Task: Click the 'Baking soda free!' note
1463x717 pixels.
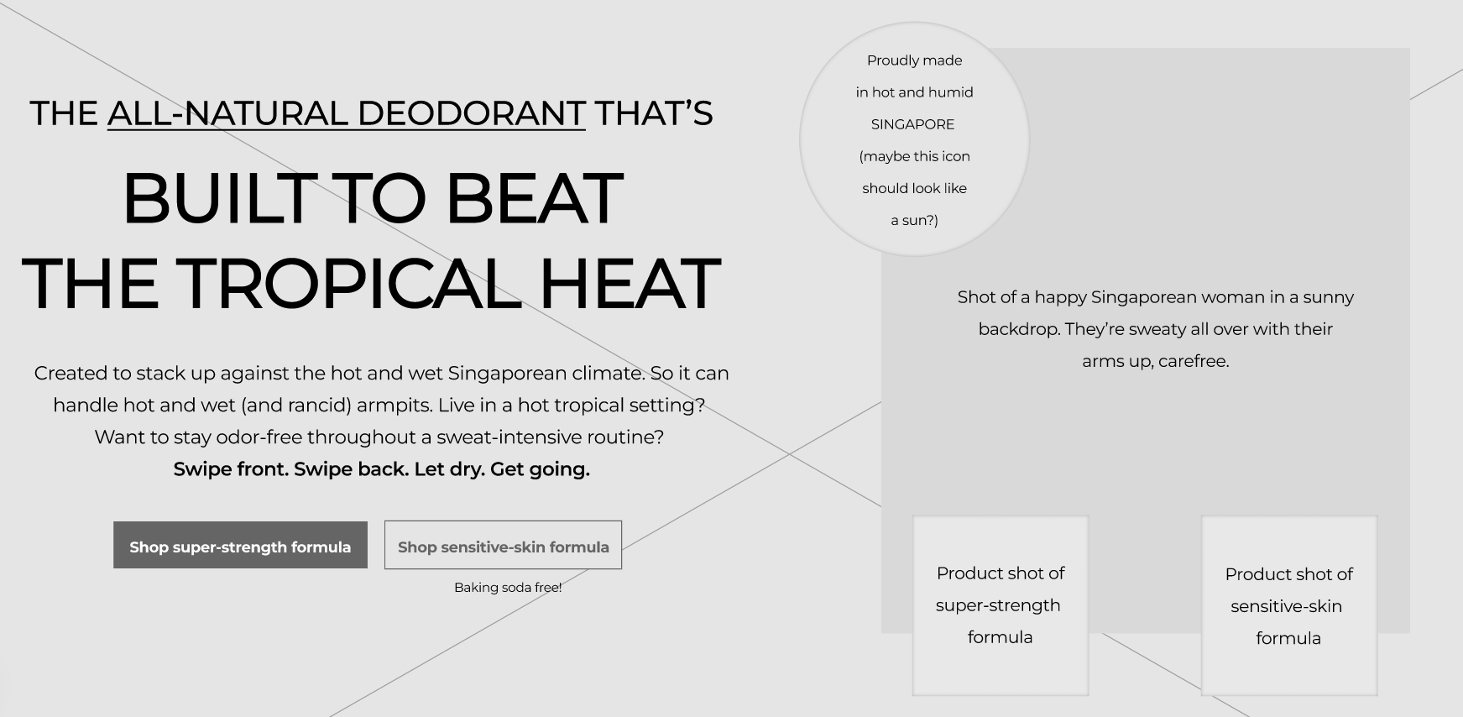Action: [508, 588]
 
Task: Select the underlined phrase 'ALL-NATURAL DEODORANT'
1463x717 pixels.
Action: [347, 113]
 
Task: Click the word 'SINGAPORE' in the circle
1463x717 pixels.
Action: [912, 124]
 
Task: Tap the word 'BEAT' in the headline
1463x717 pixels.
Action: [534, 198]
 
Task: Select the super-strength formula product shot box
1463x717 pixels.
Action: [1001, 605]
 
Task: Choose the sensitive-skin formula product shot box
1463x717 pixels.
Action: [1289, 605]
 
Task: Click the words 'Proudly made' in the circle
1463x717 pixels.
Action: [914, 60]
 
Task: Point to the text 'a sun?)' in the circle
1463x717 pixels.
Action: [914, 220]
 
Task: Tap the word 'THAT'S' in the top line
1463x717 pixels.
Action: [654, 113]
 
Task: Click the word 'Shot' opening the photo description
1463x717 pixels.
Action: [976, 297]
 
